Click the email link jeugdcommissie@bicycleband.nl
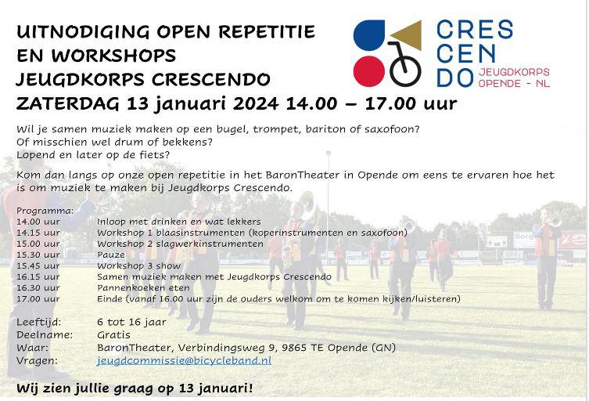click(x=184, y=360)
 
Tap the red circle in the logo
click(x=369, y=71)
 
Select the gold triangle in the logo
click(x=408, y=34)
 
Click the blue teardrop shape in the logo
click(x=369, y=35)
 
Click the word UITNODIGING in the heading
click(x=83, y=31)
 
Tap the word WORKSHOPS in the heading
click(x=113, y=56)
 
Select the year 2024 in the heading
click(x=256, y=103)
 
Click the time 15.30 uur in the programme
click(x=38, y=255)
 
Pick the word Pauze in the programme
click(x=111, y=255)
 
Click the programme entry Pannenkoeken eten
click(x=143, y=287)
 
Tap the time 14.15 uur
click(x=38, y=233)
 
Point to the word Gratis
click(x=113, y=334)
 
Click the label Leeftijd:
click(x=38, y=322)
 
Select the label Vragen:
click(x=38, y=360)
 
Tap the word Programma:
click(x=45, y=211)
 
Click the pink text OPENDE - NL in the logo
click(x=514, y=83)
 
